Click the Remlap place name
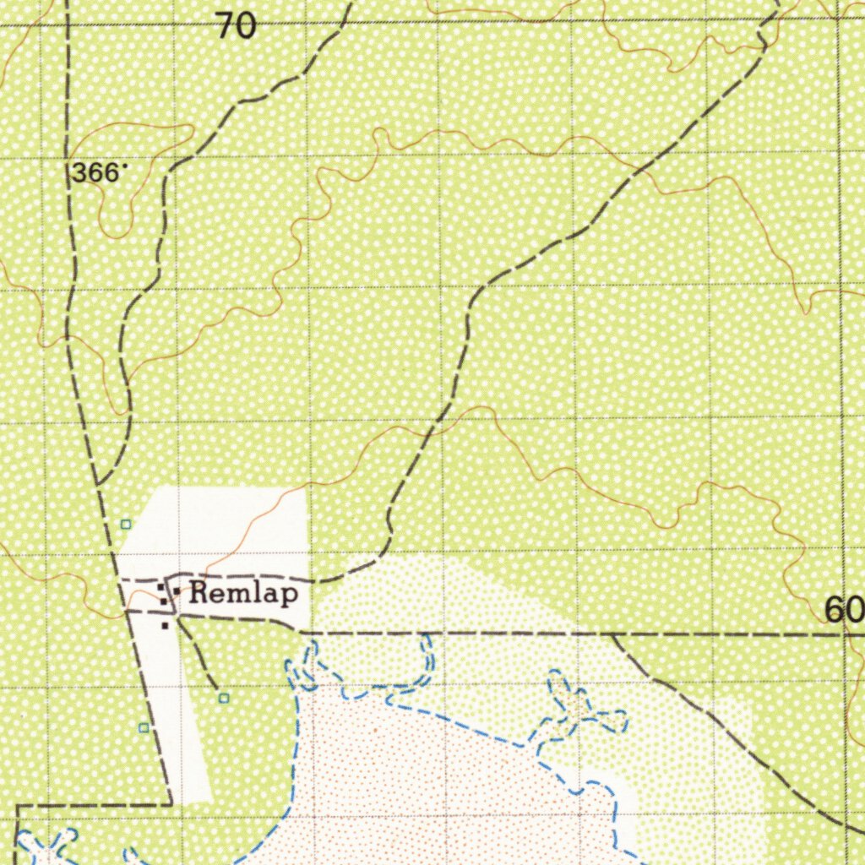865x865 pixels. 243,594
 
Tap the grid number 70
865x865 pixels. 236,27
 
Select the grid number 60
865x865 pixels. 844,609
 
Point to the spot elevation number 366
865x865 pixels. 94,173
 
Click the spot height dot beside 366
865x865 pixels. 125,166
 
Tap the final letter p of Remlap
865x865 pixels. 290,596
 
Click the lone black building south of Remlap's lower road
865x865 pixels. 166,626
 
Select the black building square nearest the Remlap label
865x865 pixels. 177,590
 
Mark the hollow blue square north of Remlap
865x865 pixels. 126,525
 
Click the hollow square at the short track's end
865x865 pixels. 224,698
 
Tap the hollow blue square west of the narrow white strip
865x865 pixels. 144,727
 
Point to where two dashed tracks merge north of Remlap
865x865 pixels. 99,484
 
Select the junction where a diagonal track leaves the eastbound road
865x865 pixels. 612,634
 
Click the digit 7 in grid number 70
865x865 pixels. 224,27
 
